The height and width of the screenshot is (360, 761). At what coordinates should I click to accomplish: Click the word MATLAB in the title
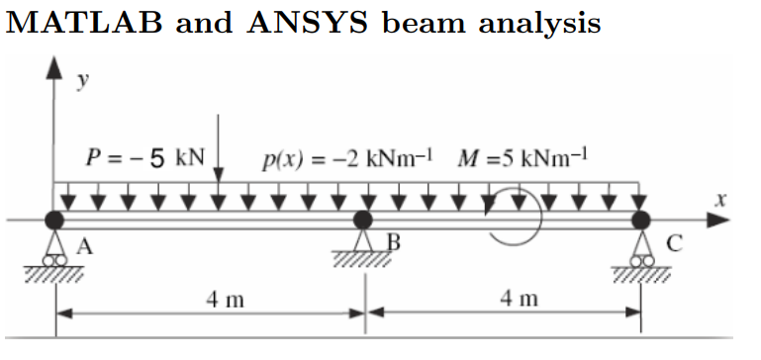(x=83, y=23)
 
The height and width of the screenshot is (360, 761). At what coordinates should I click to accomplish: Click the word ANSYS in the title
(x=307, y=23)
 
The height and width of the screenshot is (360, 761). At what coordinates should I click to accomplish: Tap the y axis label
(x=83, y=81)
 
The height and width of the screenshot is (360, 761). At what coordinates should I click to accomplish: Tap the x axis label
(x=721, y=199)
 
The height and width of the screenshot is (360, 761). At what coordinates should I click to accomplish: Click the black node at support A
(x=54, y=220)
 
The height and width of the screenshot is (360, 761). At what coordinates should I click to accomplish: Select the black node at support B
(x=362, y=220)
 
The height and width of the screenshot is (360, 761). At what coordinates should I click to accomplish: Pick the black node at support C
(x=640, y=220)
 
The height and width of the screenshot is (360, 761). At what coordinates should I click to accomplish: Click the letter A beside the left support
(x=84, y=247)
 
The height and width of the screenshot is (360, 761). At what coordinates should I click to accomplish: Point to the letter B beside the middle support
(x=394, y=242)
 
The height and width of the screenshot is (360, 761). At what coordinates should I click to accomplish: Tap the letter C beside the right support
(x=675, y=243)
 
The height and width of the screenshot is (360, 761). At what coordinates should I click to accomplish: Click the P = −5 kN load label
(x=145, y=158)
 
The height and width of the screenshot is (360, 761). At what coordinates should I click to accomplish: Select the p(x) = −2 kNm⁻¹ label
(x=347, y=159)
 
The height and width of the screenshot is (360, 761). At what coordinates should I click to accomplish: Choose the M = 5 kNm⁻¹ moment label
(x=523, y=158)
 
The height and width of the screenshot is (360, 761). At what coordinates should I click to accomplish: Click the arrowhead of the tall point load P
(x=219, y=175)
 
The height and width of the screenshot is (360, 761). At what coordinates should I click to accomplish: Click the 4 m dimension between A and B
(x=226, y=301)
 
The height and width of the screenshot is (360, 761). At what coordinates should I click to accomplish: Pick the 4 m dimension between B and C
(x=520, y=300)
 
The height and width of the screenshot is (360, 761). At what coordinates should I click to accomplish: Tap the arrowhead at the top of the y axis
(x=54, y=68)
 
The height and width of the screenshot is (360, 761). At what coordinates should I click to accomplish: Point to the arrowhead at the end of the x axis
(x=717, y=221)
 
